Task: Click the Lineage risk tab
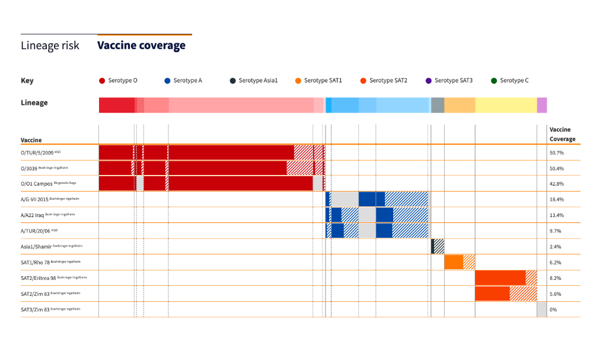point(50,46)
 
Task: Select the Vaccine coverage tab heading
point(141,45)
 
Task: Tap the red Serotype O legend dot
point(102,81)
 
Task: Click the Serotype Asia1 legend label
point(258,81)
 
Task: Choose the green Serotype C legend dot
point(494,81)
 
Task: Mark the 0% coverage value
point(553,310)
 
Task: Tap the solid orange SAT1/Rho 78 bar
point(454,262)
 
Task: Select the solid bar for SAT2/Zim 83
point(492,294)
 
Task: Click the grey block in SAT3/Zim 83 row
point(541,310)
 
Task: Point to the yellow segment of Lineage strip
point(506,105)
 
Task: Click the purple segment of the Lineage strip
point(542,105)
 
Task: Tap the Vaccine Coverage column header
point(562,134)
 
